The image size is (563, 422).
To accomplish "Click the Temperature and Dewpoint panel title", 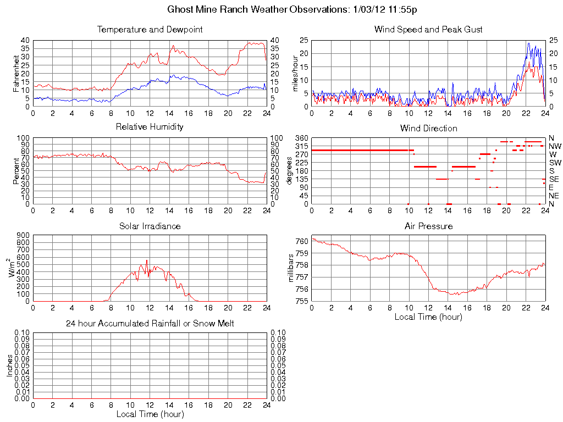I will click(x=150, y=30).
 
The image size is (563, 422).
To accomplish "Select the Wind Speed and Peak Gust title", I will click(x=428, y=30).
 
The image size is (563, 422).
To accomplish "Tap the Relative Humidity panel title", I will click(x=150, y=127).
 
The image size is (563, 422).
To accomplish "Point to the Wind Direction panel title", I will click(x=428, y=129).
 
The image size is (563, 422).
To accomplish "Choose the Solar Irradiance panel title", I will click(x=150, y=226).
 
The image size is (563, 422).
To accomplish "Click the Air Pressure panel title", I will click(x=428, y=226).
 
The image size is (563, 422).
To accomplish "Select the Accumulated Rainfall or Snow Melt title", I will click(x=150, y=324).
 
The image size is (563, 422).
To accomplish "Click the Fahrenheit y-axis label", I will click(x=17, y=73).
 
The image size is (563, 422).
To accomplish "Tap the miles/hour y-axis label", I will click(x=296, y=73).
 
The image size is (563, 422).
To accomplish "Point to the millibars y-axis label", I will click(x=291, y=268).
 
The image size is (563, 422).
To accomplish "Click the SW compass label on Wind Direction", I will click(x=554, y=163).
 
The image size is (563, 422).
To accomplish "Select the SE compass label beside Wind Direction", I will click(x=554, y=179).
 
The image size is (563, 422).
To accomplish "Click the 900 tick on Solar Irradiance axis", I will click(x=23, y=235).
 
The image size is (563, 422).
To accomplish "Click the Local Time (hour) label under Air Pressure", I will click(x=428, y=316).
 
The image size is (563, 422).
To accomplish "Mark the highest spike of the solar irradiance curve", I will click(x=147, y=260).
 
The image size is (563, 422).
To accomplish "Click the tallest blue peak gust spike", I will click(x=528, y=43).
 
